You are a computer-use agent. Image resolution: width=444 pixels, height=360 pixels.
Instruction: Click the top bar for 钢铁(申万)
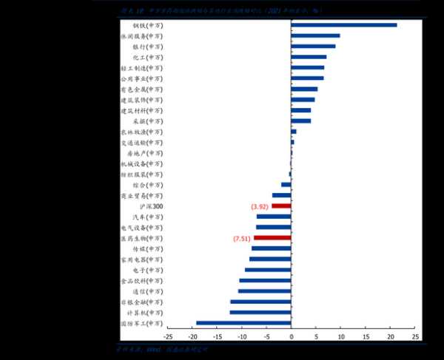(344, 24)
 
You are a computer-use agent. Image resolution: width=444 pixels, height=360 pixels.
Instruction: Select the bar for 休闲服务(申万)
(315, 35)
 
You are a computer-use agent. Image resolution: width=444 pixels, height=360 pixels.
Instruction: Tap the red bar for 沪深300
(281, 206)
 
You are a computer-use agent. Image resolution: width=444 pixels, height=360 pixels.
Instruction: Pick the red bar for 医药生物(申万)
(272, 238)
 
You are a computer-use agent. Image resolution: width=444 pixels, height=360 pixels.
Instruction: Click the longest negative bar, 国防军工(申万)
(243, 323)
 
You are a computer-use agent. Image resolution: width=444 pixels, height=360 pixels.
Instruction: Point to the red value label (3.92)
(260, 206)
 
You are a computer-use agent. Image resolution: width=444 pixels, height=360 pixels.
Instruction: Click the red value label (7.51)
(241, 238)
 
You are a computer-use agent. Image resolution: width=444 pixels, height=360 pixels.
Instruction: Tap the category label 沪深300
(152, 206)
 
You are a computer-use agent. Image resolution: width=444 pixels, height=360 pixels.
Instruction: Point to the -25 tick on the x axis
(169, 336)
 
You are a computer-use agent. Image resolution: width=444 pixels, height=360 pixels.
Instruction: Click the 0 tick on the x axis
(292, 336)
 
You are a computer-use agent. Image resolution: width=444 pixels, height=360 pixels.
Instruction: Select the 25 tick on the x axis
(415, 336)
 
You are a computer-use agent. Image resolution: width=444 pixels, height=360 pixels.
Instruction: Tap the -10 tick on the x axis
(242, 336)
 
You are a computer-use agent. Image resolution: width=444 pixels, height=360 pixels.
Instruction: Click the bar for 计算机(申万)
(260, 312)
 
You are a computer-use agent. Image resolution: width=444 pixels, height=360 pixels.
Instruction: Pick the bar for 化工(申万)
(309, 57)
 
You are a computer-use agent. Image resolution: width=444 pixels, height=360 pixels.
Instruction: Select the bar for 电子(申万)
(268, 270)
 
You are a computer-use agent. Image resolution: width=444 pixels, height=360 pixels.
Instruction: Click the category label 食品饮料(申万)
(141, 281)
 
